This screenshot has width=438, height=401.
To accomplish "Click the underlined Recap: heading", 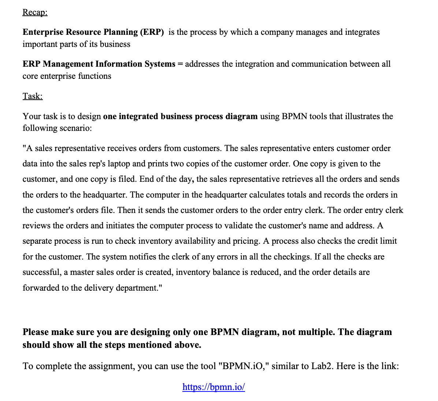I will click(35, 12).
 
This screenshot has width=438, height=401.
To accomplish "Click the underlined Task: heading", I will click(33, 96).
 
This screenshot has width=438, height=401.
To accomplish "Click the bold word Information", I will click(119, 64).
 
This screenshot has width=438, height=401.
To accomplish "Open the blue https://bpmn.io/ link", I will click(214, 387).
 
